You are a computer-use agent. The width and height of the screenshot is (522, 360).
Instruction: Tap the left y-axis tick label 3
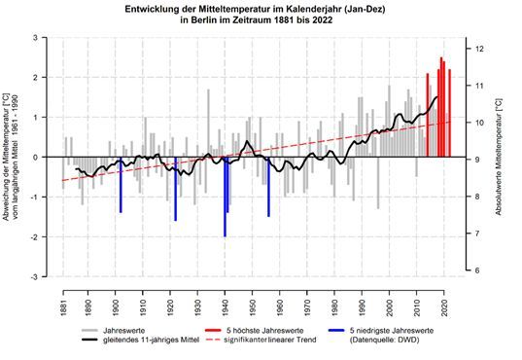click(x=36, y=37)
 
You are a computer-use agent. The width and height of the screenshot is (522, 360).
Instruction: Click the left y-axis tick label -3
click(x=34, y=277)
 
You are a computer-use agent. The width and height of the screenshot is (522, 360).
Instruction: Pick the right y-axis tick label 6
click(x=469, y=270)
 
